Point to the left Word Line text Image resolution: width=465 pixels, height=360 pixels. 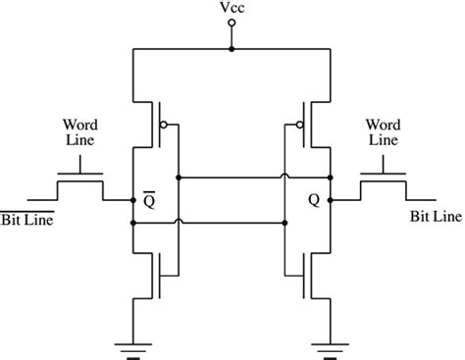tap(78, 133)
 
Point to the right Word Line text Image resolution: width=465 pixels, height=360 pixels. tap(382, 133)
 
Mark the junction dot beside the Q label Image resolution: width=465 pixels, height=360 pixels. tap(331, 200)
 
